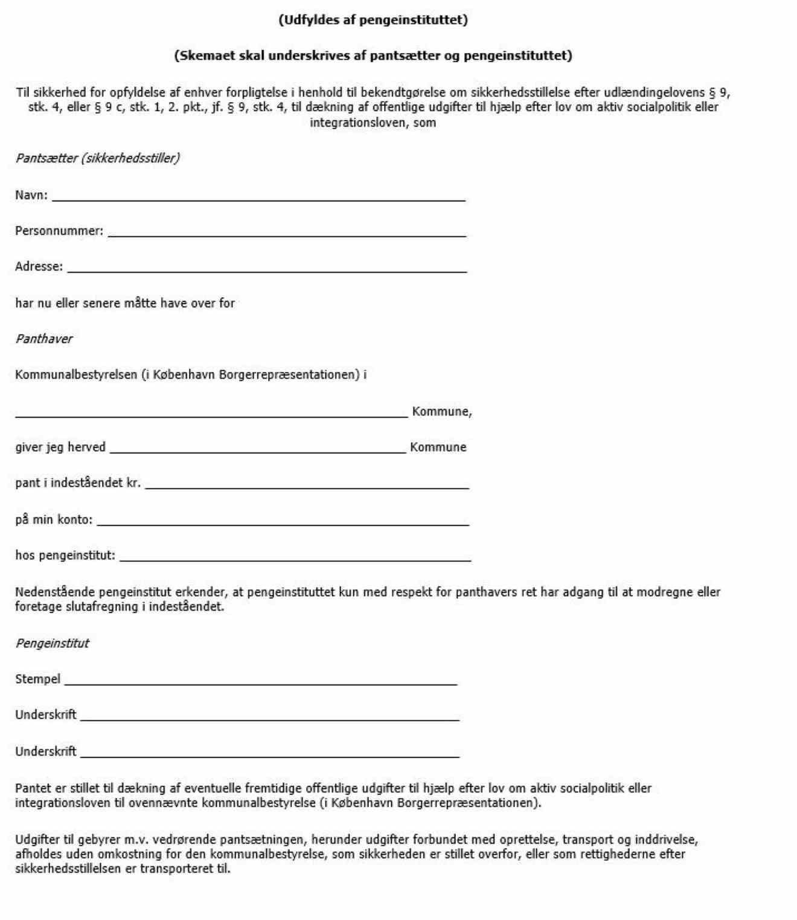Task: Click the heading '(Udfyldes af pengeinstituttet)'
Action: [373, 20]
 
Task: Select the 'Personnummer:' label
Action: [59, 231]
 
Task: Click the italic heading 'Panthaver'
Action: [43, 339]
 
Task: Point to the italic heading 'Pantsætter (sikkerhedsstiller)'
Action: [97, 158]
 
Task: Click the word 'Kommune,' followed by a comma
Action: [442, 411]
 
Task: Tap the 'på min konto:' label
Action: [54, 520]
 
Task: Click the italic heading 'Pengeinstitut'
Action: [52, 643]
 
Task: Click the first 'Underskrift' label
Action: [46, 715]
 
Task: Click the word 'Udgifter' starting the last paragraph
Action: [37, 840]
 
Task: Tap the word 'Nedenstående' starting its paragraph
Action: [55, 592]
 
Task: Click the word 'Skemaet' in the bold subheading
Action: [206, 56]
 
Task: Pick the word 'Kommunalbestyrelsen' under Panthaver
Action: [76, 375]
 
